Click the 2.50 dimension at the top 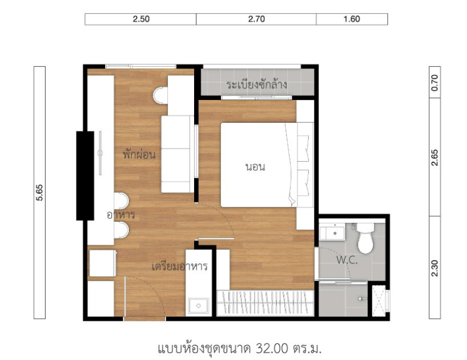pos(141,19)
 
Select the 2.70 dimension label pos(256,19)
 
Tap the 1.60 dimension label pos(352,19)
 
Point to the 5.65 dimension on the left pos(39,193)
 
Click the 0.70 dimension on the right pos(435,83)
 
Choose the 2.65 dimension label pos(435,158)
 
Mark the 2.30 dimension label pos(435,268)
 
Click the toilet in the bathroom pos(365,238)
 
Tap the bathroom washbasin pos(332,233)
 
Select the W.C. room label pos(347,260)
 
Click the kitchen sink pos(198,305)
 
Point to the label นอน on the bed pos(255,167)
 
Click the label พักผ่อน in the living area pos(139,154)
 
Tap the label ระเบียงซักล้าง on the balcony pos(257,85)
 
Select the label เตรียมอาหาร pos(180,266)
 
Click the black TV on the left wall pos(85,176)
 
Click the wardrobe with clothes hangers pos(265,302)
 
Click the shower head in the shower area pos(362,298)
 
